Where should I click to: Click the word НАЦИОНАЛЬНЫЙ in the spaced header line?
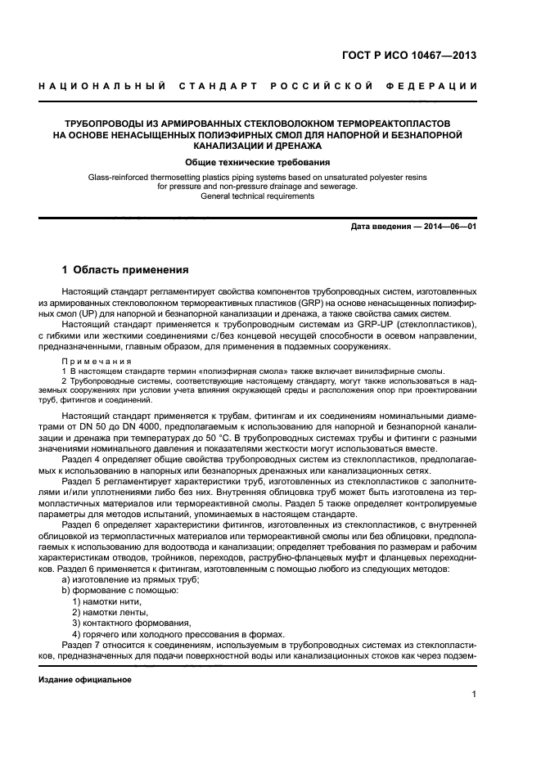click(x=102, y=87)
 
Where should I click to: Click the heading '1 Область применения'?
click(x=126, y=269)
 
